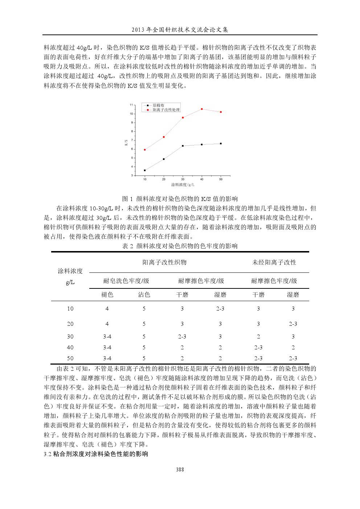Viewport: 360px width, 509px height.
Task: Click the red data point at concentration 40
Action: pyautogui.click(x=202, y=109)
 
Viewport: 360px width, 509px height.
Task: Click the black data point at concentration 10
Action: pyautogui.click(x=145, y=170)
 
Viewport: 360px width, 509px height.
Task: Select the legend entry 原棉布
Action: pyautogui.click(x=158, y=105)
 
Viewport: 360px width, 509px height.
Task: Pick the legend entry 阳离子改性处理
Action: pyautogui.click(x=166, y=110)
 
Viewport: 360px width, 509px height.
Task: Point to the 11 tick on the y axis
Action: pyautogui.click(x=131, y=105)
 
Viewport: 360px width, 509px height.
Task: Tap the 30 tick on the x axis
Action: pyautogui.click(x=183, y=179)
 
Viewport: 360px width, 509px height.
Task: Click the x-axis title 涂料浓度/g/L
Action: pyautogui.click(x=183, y=185)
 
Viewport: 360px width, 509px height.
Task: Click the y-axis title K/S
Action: pyautogui.click(x=126, y=142)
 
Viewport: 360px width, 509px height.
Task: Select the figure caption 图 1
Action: pyautogui.click(x=180, y=199)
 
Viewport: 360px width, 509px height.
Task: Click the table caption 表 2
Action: pyautogui.click(x=180, y=246)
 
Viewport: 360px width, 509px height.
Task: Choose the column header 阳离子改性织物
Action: pyautogui.click(x=164, y=262)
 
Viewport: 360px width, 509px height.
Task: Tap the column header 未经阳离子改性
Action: pyautogui.click(x=274, y=262)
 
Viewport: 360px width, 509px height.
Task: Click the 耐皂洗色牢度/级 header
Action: pyautogui.click(x=126, y=281)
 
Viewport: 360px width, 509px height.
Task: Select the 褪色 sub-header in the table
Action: pyautogui.click(x=107, y=295)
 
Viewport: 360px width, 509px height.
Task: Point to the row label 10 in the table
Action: pyautogui.click(x=70, y=309)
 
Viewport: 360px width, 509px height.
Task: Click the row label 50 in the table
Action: pyautogui.click(x=70, y=358)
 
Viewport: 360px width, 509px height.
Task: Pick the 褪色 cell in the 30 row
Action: pyautogui.click(x=107, y=337)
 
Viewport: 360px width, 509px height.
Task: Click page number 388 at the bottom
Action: pyautogui.click(x=180, y=469)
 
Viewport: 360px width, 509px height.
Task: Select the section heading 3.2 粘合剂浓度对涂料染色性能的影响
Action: pyautogui.click(x=96, y=454)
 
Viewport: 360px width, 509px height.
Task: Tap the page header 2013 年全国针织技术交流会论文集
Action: pyautogui.click(x=180, y=30)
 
